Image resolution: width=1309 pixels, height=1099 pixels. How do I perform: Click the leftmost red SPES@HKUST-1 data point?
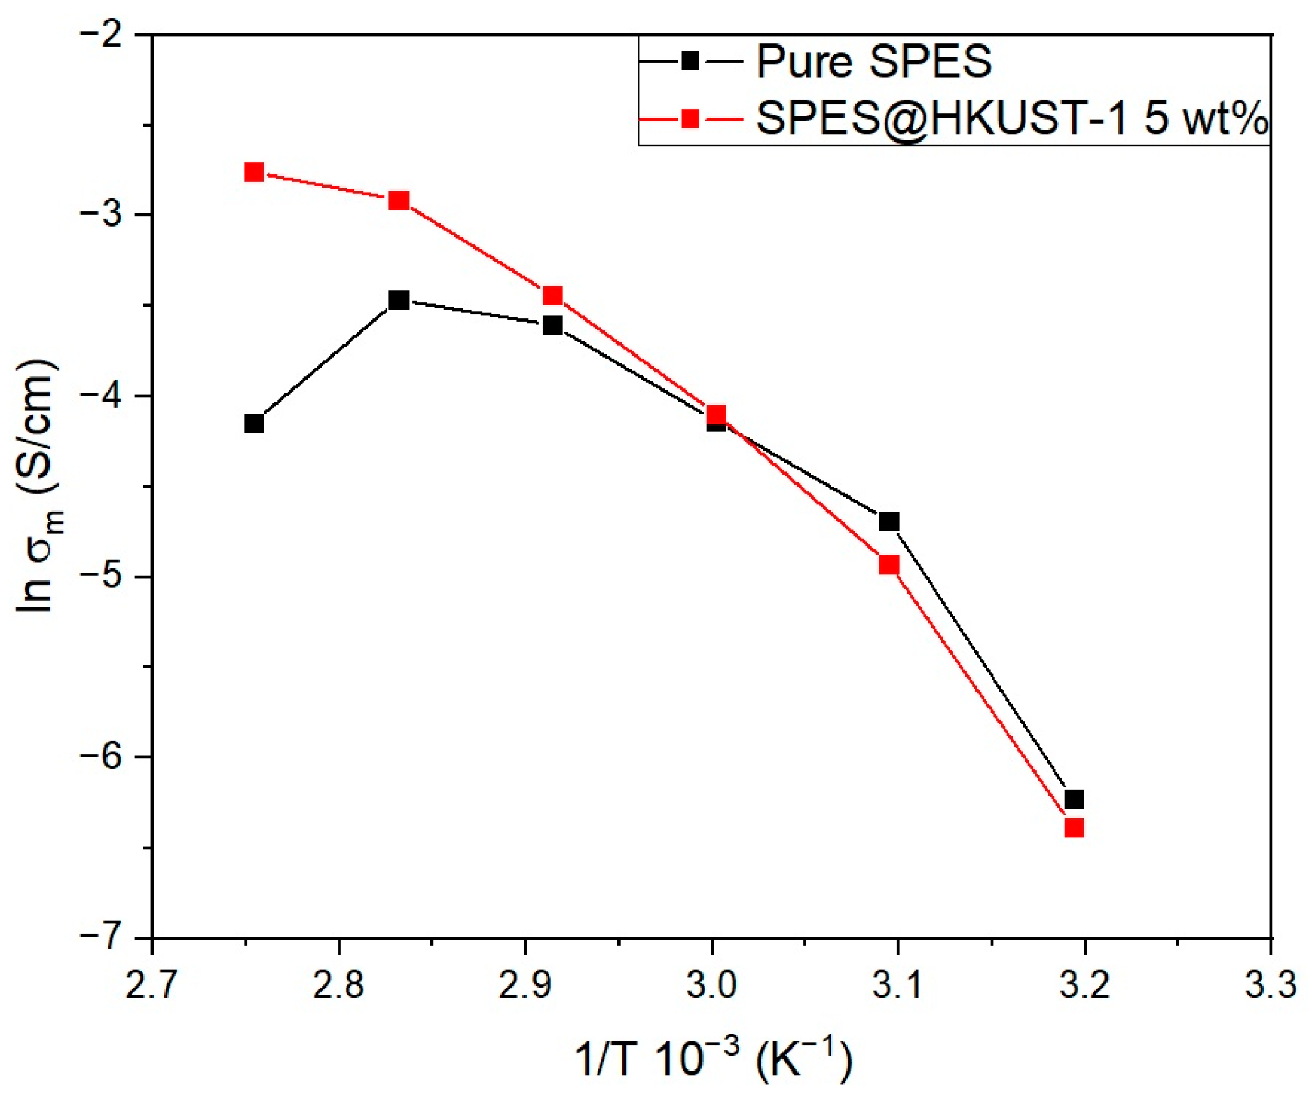[x=254, y=172]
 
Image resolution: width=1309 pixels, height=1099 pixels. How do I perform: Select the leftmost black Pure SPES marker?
[x=254, y=423]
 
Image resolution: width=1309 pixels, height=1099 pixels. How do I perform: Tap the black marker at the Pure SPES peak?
[x=398, y=300]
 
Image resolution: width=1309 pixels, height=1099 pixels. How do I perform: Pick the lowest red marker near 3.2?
[x=1074, y=827]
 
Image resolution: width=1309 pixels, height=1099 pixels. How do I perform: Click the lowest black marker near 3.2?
[x=1074, y=799]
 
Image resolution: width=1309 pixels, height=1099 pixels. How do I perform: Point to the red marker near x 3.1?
[x=889, y=565]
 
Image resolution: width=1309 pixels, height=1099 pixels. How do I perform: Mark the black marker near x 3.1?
[x=889, y=521]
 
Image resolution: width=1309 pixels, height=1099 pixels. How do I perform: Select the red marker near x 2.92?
[x=553, y=295]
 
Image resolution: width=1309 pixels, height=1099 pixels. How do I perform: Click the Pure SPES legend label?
[x=874, y=62]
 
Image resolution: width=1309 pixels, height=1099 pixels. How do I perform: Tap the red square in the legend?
[x=690, y=118]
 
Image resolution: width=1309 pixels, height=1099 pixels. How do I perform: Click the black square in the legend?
[x=690, y=61]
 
